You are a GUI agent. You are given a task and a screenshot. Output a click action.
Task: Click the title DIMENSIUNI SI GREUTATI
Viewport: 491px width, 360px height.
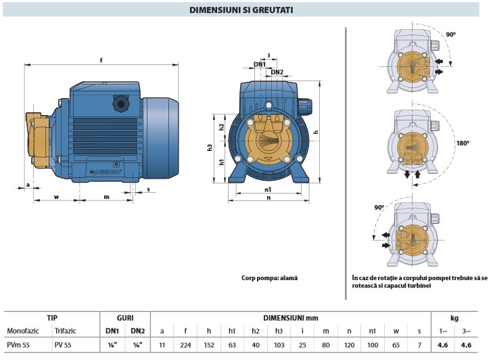[x=245, y=10]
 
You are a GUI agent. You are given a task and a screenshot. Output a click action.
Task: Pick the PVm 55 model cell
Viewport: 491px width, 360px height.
[x=18, y=346]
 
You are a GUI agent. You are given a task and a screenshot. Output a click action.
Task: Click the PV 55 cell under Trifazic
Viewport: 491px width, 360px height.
[x=64, y=346]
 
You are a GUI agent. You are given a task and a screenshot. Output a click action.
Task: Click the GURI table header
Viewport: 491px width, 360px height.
[x=124, y=317]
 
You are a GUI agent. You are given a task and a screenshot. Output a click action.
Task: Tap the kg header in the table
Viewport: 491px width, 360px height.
[x=456, y=317]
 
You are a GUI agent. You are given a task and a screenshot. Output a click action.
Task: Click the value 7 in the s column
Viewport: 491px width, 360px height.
[x=419, y=346]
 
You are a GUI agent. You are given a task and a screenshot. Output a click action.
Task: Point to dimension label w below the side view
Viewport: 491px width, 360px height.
[x=55, y=197]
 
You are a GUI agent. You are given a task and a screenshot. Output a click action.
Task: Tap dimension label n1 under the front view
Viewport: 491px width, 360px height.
[x=268, y=190]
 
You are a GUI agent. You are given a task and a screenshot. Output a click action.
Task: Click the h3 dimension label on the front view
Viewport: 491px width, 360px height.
[x=211, y=147]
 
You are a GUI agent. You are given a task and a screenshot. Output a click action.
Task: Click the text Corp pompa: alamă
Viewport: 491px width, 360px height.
[x=269, y=278]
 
